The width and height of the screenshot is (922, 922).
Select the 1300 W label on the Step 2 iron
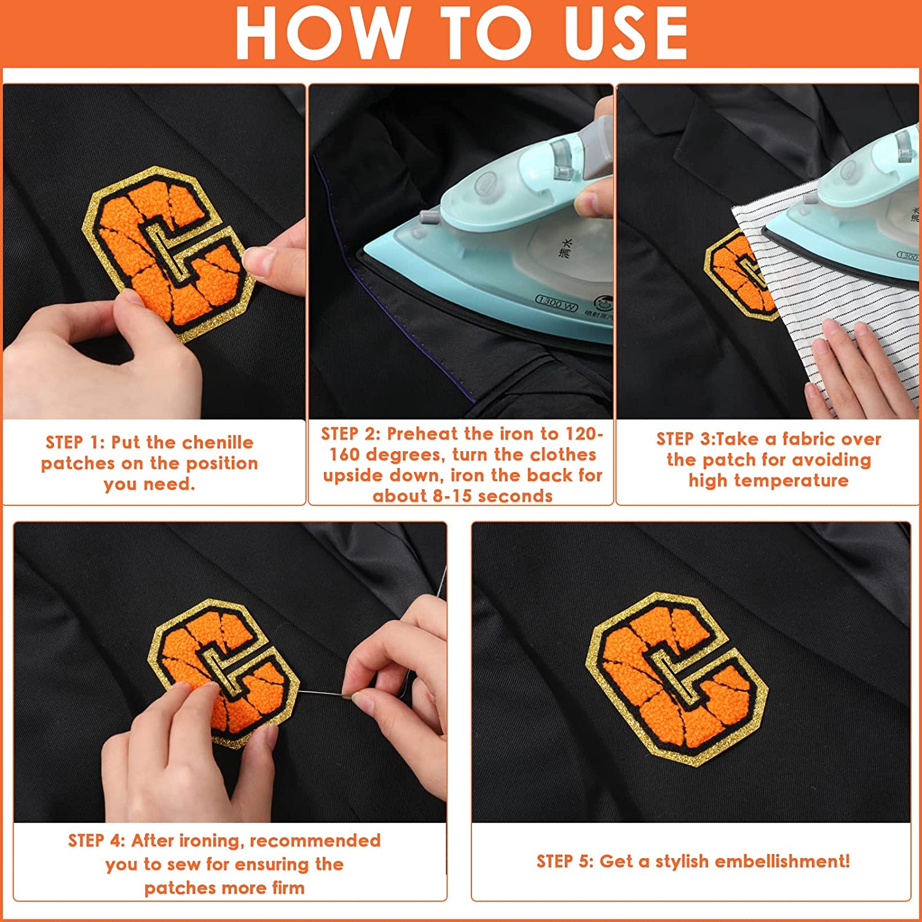tap(557, 300)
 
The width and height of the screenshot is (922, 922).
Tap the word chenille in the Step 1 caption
tap(218, 443)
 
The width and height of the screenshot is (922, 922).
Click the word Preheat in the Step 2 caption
tap(424, 434)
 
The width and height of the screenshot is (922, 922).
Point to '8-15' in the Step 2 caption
tap(452, 496)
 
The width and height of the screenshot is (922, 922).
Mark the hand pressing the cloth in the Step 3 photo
tap(861, 369)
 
